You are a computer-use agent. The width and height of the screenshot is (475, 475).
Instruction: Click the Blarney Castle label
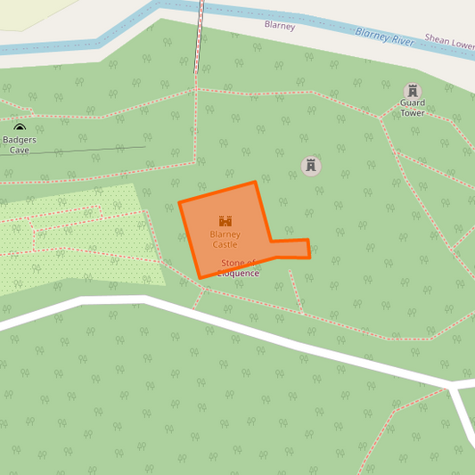225,239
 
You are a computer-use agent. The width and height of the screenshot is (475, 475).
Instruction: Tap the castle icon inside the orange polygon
225,221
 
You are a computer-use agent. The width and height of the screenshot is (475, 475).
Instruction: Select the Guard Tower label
412,108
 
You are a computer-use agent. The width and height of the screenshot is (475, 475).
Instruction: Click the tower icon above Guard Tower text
412,91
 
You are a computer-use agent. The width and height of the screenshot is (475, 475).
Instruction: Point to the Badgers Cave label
20,144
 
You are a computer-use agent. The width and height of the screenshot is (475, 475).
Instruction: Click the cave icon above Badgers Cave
20,128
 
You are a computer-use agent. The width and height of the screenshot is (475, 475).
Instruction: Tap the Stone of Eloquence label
239,268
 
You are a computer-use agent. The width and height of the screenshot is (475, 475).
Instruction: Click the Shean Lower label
449,40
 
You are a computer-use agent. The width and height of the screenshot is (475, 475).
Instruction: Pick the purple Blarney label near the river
280,26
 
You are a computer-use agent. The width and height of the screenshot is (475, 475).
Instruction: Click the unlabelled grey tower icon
311,166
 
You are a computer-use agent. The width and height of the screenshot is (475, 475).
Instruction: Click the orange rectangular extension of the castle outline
291,249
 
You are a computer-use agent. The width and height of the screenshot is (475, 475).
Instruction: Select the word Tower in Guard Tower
412,113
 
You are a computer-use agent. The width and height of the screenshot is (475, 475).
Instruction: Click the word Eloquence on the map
239,274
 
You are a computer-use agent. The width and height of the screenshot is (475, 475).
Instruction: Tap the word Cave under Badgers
20,150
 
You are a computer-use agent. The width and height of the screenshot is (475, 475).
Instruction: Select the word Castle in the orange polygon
225,244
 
